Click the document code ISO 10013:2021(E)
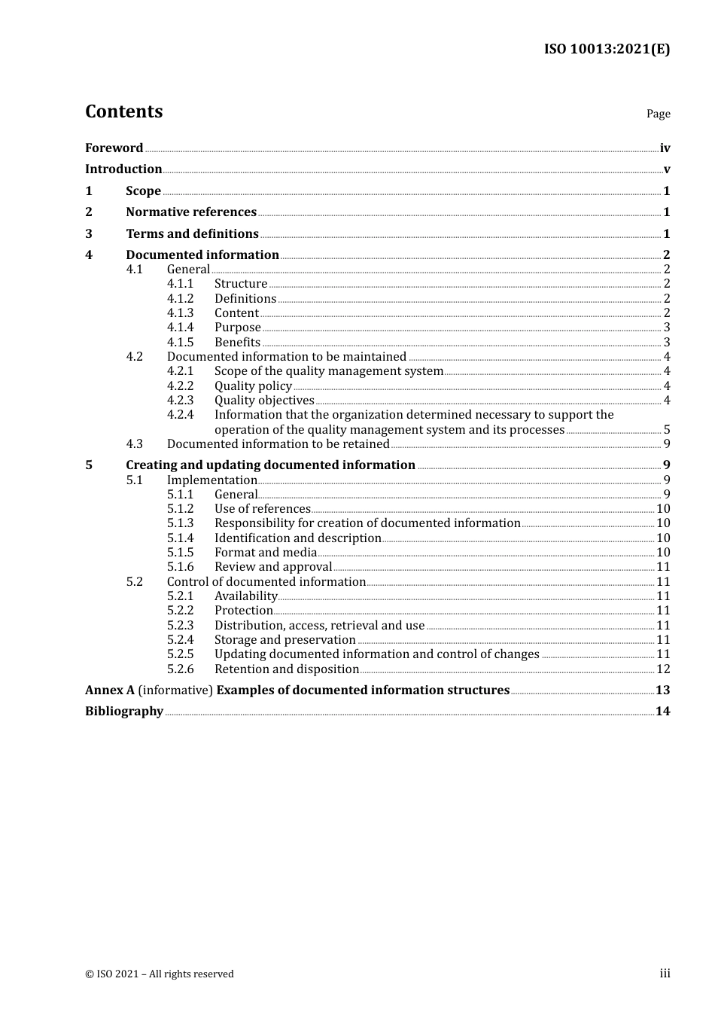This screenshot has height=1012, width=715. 607,50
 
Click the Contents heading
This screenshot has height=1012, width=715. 123,111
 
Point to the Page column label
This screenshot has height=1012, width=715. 658,114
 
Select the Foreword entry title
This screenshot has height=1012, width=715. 114,148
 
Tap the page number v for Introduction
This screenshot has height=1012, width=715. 666,169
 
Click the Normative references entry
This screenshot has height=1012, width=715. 191,212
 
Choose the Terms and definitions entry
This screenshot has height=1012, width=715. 192,234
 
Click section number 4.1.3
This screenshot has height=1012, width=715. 180,313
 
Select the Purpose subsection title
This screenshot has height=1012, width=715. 237,328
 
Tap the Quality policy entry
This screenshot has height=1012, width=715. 253,386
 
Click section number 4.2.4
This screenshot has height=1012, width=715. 180,415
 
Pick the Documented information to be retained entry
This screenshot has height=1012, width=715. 278,444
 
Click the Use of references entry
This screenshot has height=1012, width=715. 262,509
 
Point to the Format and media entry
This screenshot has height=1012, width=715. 265,553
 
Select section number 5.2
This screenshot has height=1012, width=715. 134,582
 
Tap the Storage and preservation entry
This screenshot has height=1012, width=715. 284,640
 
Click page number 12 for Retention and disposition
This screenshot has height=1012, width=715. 663,669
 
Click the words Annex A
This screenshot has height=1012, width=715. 110,690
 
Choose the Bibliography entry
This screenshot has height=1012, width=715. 124,712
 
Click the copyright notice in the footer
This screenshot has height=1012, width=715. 160,974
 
